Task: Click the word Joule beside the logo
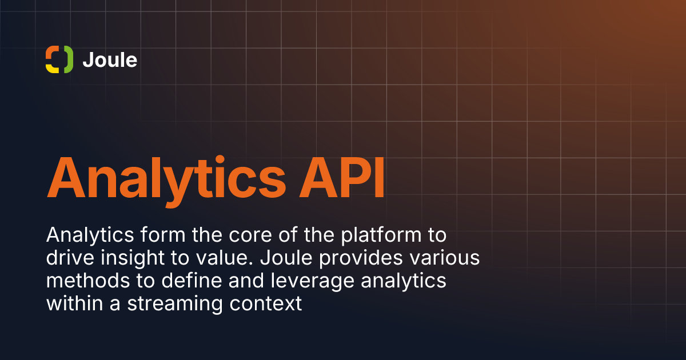(x=110, y=59)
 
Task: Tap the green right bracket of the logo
(x=69, y=59)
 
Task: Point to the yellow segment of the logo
(x=52, y=68)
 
